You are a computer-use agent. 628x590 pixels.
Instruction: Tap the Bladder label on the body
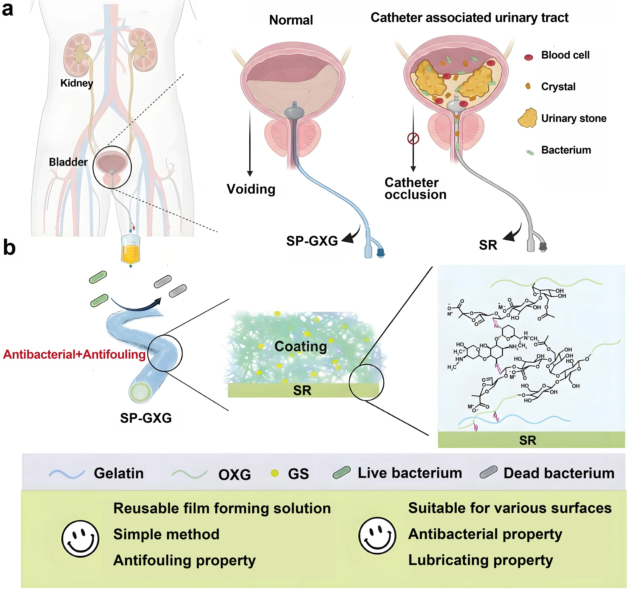[68, 162]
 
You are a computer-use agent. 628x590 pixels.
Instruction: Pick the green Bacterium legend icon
[530, 153]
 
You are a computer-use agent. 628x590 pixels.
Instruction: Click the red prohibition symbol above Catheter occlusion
[413, 138]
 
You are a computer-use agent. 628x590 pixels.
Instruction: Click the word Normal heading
[291, 20]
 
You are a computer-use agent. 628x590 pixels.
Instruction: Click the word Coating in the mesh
[300, 346]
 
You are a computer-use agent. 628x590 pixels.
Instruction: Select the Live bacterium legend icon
[342, 473]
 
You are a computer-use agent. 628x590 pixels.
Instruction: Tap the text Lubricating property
[481, 560]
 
